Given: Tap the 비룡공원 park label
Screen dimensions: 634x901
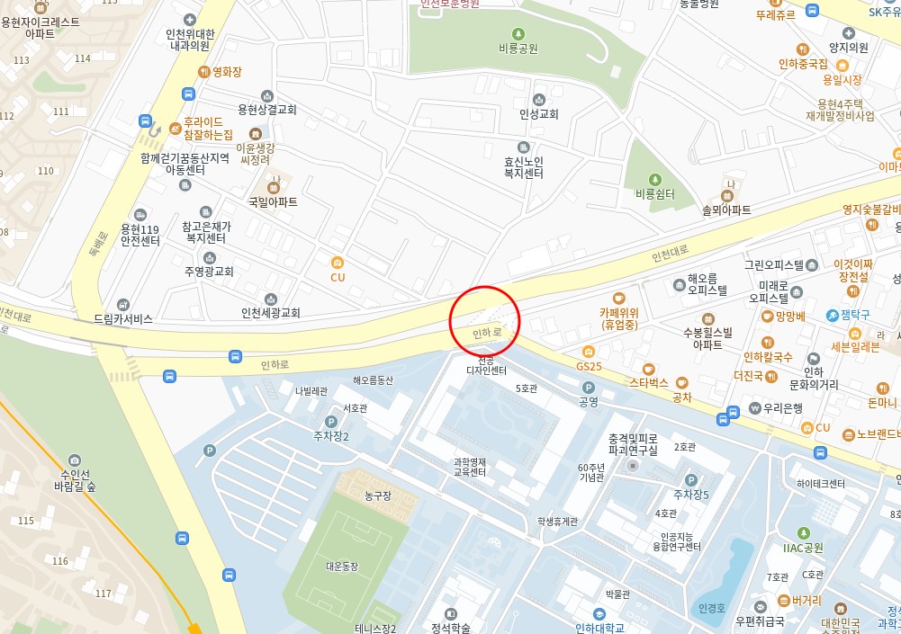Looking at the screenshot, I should pyautogui.click(x=518, y=48).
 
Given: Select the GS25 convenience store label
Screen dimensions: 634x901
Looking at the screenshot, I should pyautogui.click(x=589, y=366).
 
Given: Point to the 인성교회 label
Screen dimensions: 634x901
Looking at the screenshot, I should pyautogui.click(x=538, y=114).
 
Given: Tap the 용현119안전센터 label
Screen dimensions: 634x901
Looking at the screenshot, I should pyautogui.click(x=140, y=235).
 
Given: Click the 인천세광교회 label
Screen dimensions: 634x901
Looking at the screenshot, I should pyautogui.click(x=270, y=313).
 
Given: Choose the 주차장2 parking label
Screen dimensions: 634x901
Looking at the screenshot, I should pyautogui.click(x=330, y=436).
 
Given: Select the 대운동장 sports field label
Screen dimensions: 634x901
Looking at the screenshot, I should pyautogui.click(x=342, y=566).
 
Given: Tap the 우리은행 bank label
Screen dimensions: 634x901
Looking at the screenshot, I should pyautogui.click(x=783, y=407).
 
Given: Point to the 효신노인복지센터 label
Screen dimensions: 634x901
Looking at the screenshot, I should pyautogui.click(x=523, y=167).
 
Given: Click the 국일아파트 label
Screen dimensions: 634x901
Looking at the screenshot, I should pyautogui.click(x=273, y=202).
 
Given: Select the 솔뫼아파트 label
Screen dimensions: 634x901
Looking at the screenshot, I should pyautogui.click(x=726, y=210).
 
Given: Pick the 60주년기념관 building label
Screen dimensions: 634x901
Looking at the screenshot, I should pyautogui.click(x=590, y=472).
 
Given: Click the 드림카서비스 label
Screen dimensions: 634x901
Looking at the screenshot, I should pyautogui.click(x=123, y=318).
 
